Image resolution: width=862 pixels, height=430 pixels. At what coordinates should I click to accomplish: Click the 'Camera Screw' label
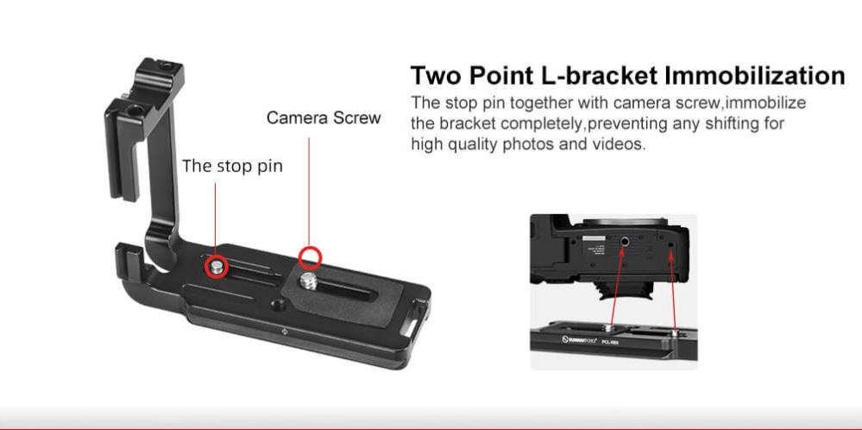(x=324, y=117)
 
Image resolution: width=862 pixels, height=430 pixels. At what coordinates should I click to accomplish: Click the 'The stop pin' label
(x=232, y=165)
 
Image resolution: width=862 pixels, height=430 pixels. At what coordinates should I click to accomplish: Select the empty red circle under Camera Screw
(x=311, y=256)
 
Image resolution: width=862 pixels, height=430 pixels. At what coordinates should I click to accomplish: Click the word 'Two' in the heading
(x=435, y=75)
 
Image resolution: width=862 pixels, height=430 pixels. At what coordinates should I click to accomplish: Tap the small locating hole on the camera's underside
(x=672, y=249)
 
